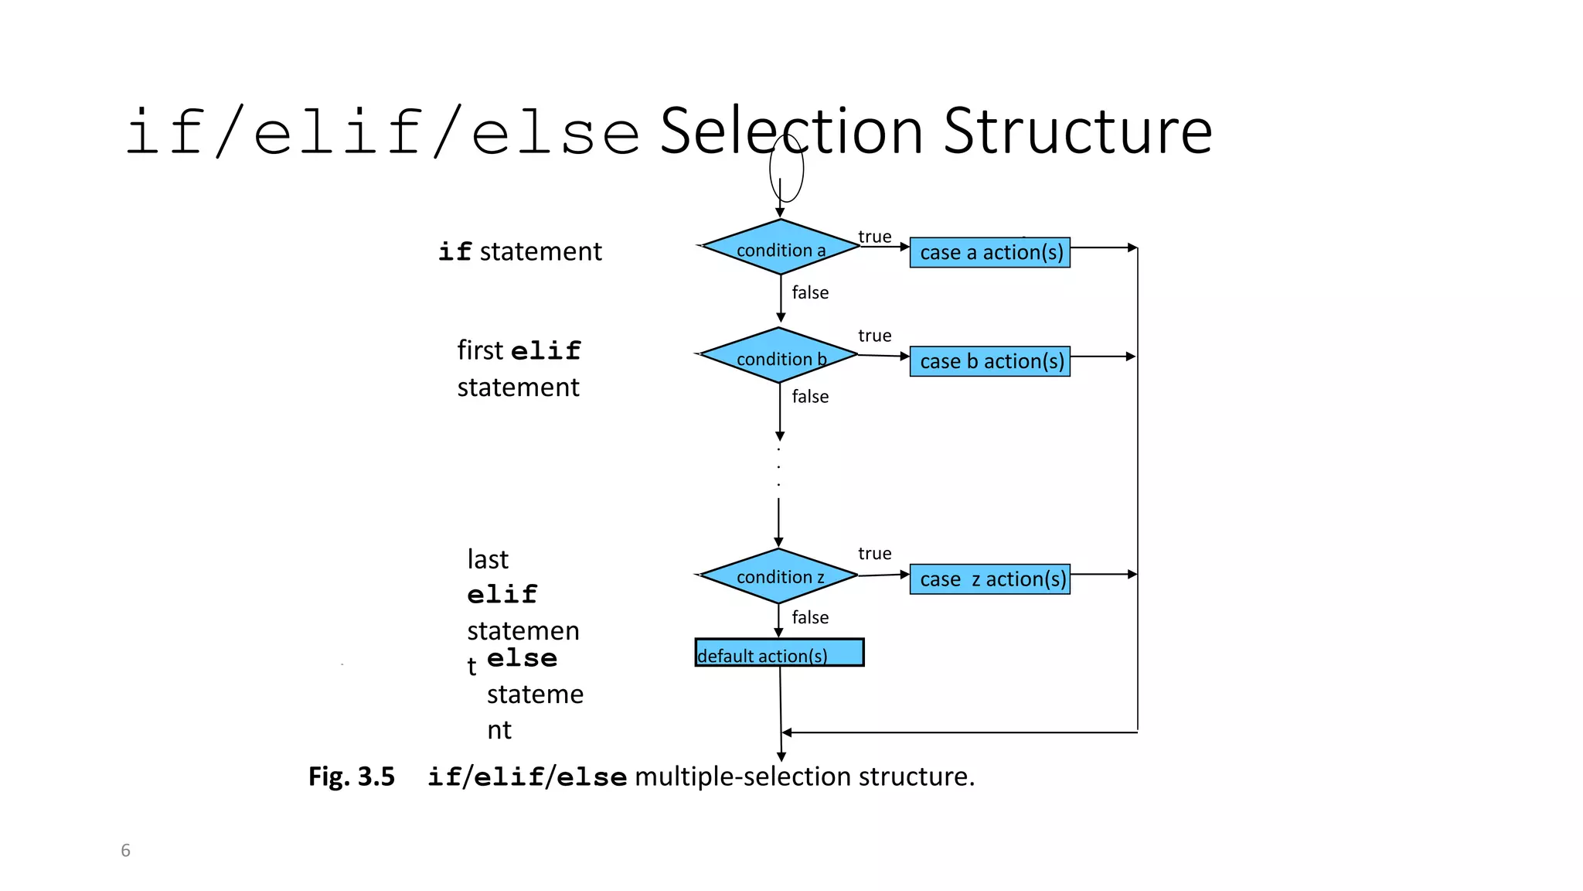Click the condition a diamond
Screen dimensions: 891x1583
pyautogui.click(x=780, y=247)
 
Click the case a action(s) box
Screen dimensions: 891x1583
pyautogui.click(x=990, y=253)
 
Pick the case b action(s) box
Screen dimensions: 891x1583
pyautogui.click(x=990, y=361)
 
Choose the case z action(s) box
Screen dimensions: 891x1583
pyautogui.click(x=990, y=579)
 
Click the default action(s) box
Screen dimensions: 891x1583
pyautogui.click(x=779, y=653)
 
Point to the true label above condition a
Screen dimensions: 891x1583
pyautogui.click(x=874, y=237)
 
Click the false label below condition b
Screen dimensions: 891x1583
pyautogui.click(x=809, y=397)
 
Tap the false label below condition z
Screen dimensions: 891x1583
pyautogui.click(x=809, y=617)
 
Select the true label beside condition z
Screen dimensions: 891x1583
pyautogui.click(x=874, y=554)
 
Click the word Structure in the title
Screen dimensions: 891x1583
pyautogui.click(x=1077, y=131)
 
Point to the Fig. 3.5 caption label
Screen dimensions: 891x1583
pyautogui.click(x=352, y=777)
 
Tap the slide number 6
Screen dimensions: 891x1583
pyautogui.click(x=125, y=851)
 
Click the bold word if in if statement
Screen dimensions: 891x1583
pyautogui.click(x=454, y=252)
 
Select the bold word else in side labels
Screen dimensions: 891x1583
pyautogui.click(x=522, y=658)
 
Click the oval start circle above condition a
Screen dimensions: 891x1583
pyautogui.click(x=786, y=168)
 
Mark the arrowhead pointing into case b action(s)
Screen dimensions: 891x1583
pyautogui.click(x=904, y=357)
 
